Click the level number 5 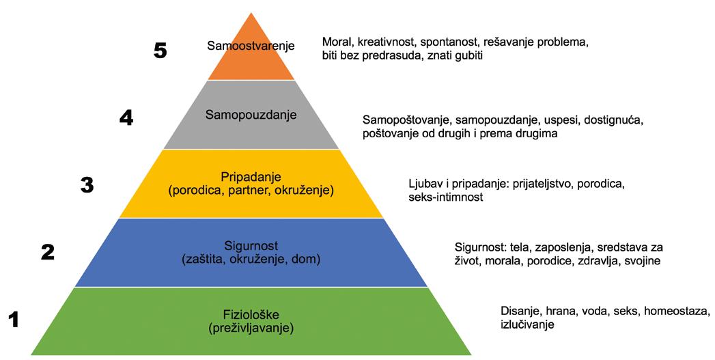160,51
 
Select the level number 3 87,185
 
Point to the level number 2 48,253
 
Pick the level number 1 12,319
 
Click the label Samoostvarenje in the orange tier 251,46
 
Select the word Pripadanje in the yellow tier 251,176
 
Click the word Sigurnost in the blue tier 251,245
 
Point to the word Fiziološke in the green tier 251,315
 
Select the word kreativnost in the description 387,42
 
